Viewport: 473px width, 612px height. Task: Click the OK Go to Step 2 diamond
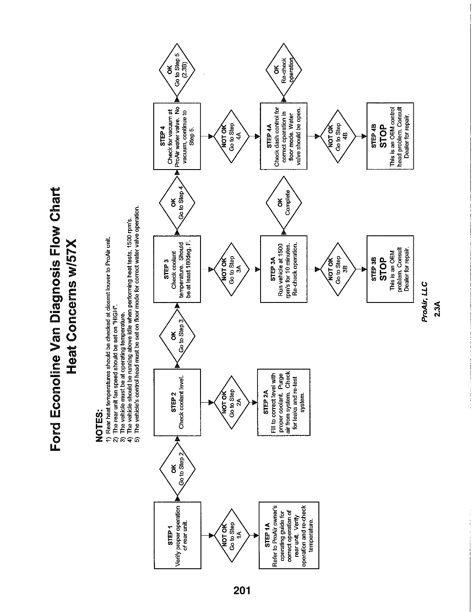click(x=177, y=469)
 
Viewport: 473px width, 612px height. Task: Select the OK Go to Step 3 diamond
click(x=177, y=336)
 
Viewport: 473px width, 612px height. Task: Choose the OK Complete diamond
click(x=284, y=203)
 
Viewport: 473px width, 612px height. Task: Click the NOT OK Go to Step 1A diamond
click(x=232, y=536)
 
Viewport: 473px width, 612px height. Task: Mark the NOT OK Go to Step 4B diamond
click(x=338, y=136)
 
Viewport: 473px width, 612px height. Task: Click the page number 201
click(x=242, y=590)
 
